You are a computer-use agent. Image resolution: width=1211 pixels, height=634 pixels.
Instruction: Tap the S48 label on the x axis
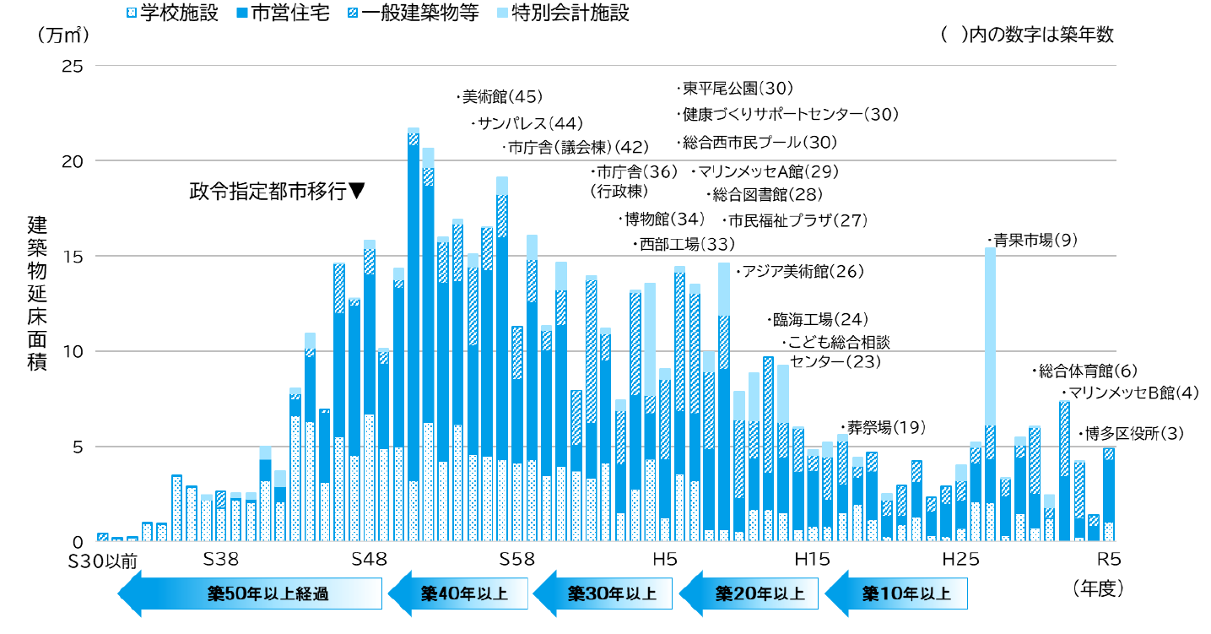pos(368,559)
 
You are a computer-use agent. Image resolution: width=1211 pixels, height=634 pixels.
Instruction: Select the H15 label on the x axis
pos(811,559)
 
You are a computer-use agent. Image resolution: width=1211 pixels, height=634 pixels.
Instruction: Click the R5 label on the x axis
pos(1107,559)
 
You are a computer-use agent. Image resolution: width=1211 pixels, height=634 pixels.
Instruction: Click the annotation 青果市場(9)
pos(1035,241)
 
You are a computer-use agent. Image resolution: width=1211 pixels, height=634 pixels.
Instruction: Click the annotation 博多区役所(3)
pos(1133,434)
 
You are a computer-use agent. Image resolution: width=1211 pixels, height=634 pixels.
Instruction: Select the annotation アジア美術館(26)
pos(801,272)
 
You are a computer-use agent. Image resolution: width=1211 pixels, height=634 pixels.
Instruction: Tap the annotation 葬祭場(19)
pos(884,426)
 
